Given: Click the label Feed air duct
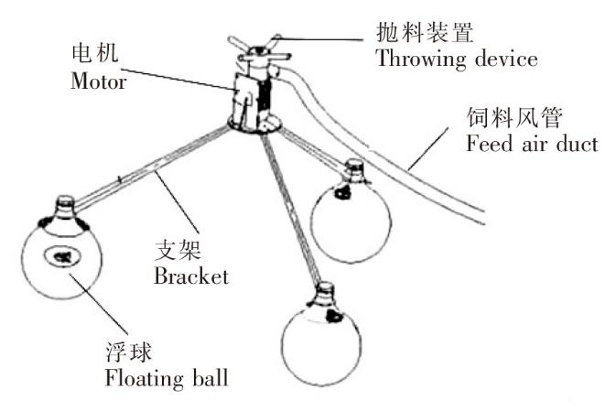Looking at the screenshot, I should tap(531, 144).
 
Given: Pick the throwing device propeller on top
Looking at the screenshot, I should tap(256, 45).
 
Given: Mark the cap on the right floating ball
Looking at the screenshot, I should tap(353, 168).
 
